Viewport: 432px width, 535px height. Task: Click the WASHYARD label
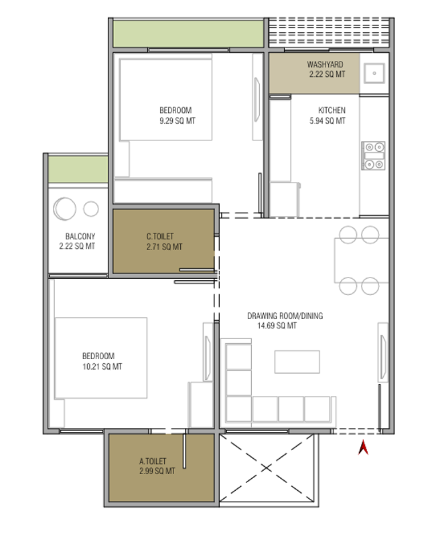coord(325,64)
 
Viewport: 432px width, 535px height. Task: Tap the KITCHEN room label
coord(332,110)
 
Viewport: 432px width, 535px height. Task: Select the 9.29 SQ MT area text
coord(177,121)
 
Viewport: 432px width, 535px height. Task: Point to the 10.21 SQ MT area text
coord(102,366)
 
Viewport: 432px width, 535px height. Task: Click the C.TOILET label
coord(160,237)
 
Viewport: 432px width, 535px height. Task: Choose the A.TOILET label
coord(153,461)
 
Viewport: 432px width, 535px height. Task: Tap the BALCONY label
coord(80,236)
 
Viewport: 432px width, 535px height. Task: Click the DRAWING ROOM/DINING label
coord(285,316)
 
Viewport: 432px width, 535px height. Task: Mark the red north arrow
coord(363,447)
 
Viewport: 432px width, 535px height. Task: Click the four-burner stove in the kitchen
coord(373,156)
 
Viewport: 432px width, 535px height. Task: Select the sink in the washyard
coord(374,73)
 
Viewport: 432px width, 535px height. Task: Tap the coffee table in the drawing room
coord(297,362)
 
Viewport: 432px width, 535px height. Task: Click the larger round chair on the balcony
coord(64,209)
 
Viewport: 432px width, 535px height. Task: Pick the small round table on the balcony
coord(91,209)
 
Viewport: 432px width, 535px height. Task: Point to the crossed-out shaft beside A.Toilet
coord(267,467)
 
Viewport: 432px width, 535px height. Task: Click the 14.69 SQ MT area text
coord(277,326)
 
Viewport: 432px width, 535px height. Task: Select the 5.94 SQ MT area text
coord(328,121)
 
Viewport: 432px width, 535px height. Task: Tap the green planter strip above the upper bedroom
coord(188,34)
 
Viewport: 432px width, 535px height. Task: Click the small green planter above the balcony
coord(78,169)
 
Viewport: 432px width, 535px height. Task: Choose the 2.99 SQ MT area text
coord(157,471)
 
